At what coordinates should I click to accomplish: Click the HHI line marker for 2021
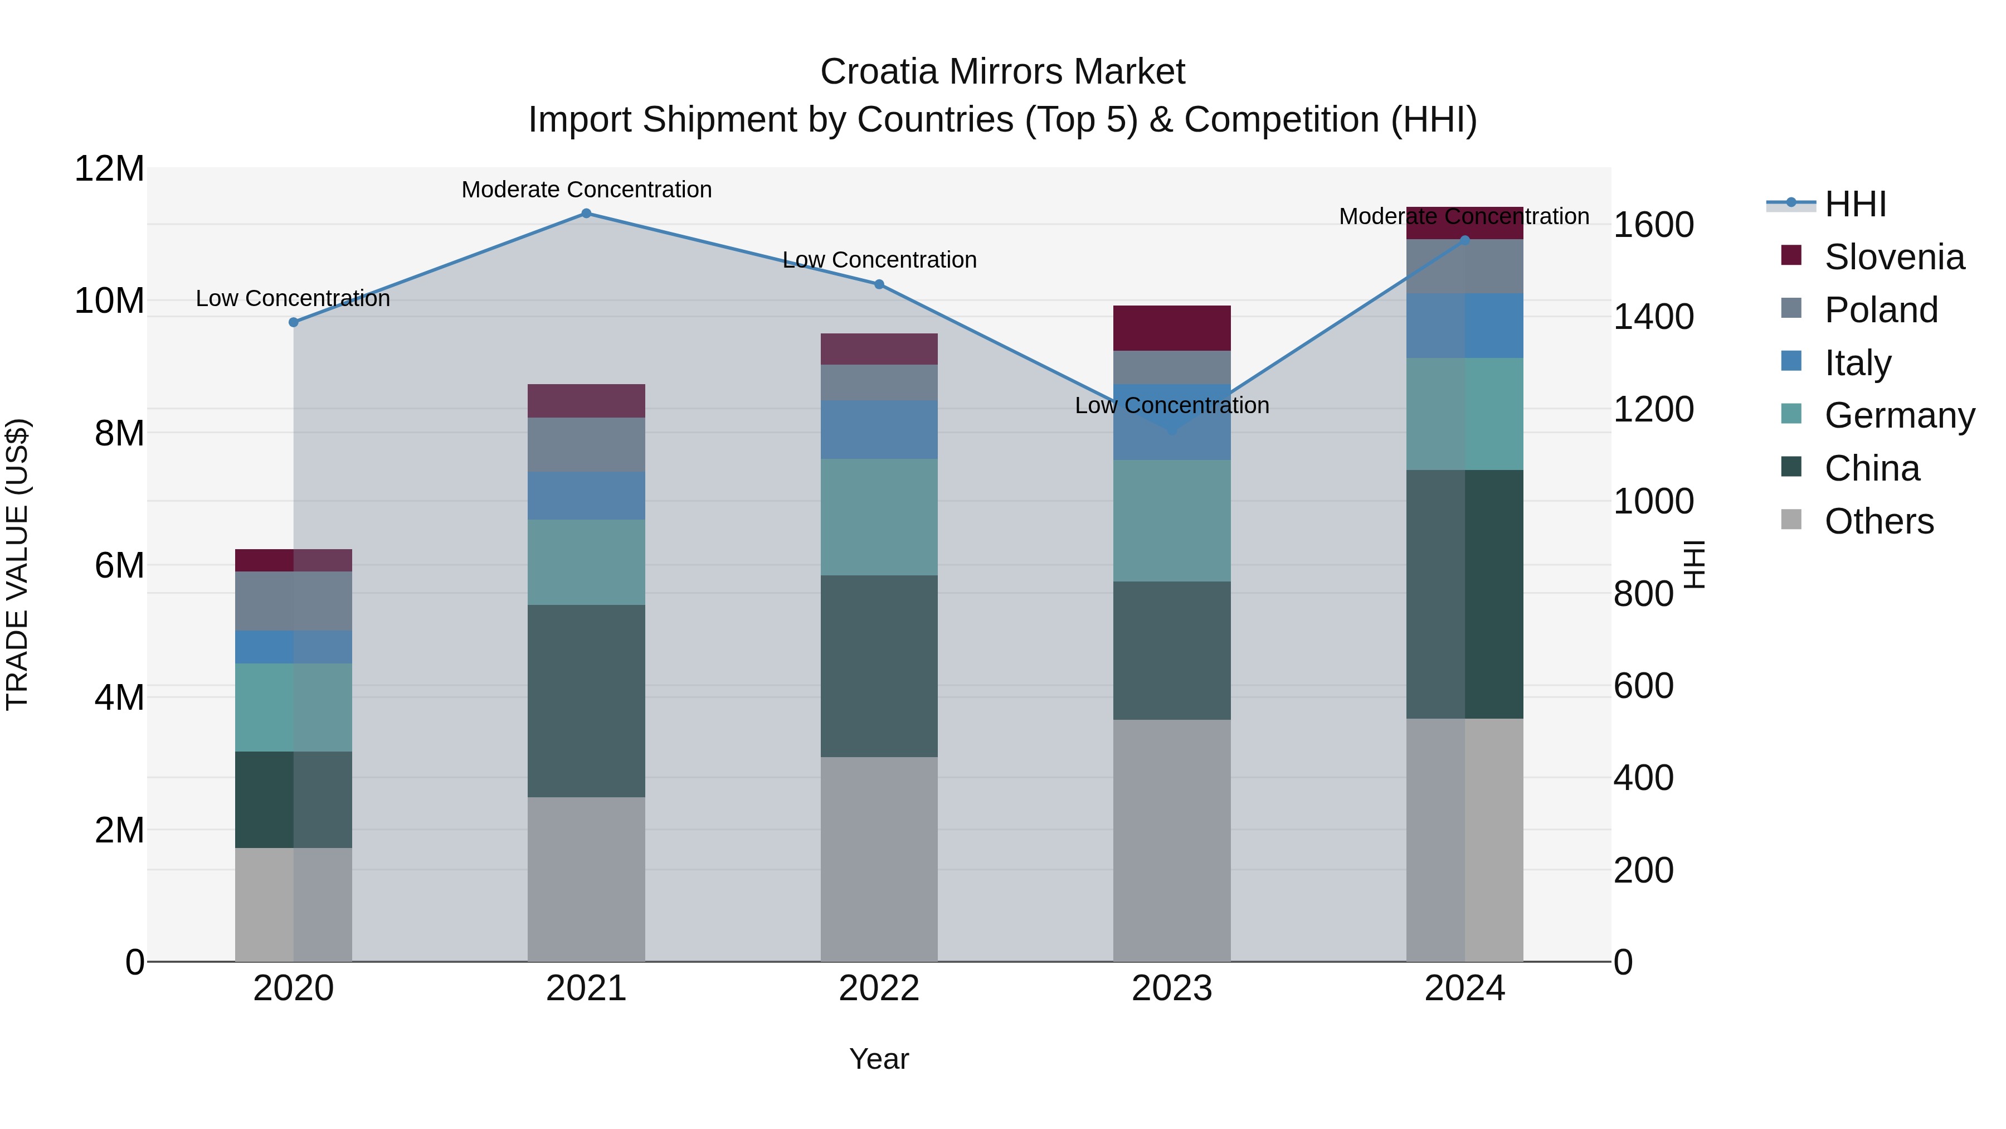[586, 214]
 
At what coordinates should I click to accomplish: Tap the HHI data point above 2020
[294, 322]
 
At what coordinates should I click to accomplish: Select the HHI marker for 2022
[879, 284]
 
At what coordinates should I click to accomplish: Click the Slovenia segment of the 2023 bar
[1171, 328]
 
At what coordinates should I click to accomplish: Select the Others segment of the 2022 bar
[879, 859]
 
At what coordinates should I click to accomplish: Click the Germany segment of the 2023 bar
[1171, 521]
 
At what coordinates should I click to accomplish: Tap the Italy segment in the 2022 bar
[879, 429]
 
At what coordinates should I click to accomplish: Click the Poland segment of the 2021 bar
[586, 444]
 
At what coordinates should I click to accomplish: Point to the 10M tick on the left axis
[109, 301]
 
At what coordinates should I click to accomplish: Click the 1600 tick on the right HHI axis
[1653, 225]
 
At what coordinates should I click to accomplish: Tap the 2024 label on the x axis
[1464, 989]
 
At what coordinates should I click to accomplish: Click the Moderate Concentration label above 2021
[586, 190]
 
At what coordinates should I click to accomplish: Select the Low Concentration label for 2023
[1171, 405]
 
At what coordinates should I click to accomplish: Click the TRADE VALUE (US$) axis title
[18, 564]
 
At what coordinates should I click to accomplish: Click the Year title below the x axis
[879, 1059]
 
